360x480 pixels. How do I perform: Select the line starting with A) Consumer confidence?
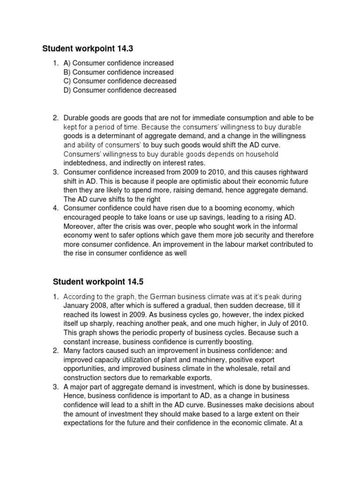point(119,63)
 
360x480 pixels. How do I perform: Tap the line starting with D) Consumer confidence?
point(120,90)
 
